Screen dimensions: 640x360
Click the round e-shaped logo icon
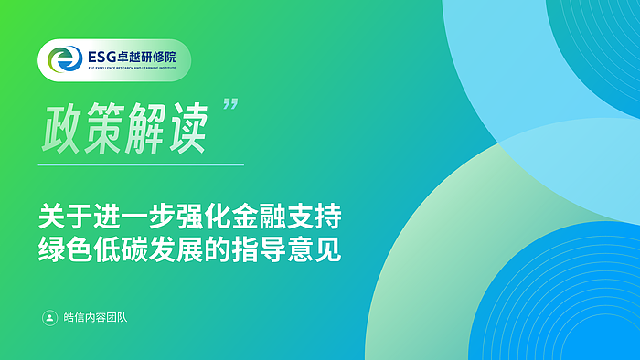point(65,59)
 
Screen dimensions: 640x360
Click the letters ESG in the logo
point(101,57)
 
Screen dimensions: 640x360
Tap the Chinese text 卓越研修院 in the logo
point(146,57)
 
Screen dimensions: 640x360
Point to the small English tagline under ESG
point(132,69)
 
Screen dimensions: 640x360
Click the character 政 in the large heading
point(61,129)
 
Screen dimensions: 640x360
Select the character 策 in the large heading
point(104,129)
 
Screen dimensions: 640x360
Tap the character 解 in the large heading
point(145,129)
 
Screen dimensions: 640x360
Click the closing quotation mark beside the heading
point(230,103)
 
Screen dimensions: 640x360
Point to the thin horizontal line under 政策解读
point(141,164)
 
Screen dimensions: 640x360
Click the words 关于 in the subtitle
point(65,217)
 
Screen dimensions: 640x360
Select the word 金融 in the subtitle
point(259,217)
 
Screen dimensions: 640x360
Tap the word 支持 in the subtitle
point(315,217)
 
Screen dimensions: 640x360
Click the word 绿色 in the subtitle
point(65,249)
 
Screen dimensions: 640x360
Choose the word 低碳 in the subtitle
point(121,249)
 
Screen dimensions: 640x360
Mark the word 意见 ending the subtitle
point(315,249)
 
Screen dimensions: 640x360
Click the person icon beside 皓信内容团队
point(49,318)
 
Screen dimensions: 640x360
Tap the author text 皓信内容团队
point(95,318)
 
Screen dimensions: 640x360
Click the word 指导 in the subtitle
point(259,249)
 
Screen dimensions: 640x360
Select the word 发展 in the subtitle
point(176,249)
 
